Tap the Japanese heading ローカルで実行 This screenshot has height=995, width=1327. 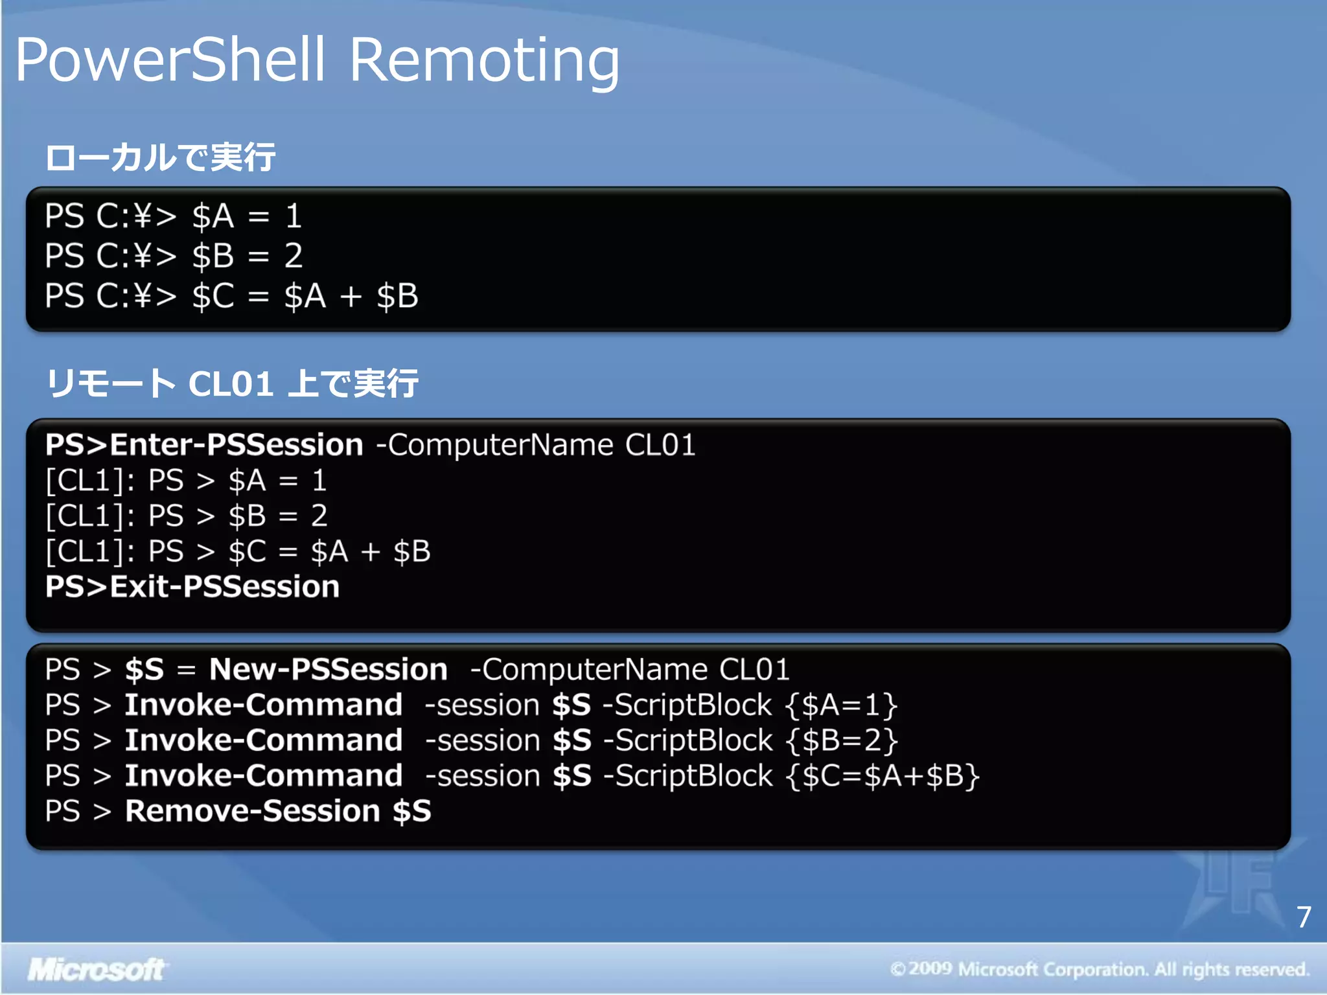click(x=160, y=157)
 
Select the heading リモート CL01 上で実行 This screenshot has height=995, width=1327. click(x=232, y=383)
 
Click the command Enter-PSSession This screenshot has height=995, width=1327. click(x=237, y=445)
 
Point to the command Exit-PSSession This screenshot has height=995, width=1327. click(x=224, y=587)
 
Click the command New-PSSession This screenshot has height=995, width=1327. click(x=328, y=669)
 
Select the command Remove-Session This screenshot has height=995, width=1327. click(x=252, y=811)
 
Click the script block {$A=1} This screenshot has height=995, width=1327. click(x=841, y=705)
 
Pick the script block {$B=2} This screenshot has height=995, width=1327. click(x=841, y=740)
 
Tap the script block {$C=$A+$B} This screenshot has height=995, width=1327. click(x=882, y=776)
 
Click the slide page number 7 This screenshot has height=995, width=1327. click(x=1304, y=917)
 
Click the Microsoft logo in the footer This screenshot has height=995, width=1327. click(x=96, y=970)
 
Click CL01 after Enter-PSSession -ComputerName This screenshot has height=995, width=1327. click(x=660, y=445)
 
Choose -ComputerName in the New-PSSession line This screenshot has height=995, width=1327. click(x=588, y=669)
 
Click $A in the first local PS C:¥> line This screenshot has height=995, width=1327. click(x=213, y=216)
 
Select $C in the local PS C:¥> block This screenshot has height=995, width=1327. click(x=213, y=297)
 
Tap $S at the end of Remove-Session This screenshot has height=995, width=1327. click(x=411, y=811)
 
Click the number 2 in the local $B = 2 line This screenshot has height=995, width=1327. click(x=294, y=256)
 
